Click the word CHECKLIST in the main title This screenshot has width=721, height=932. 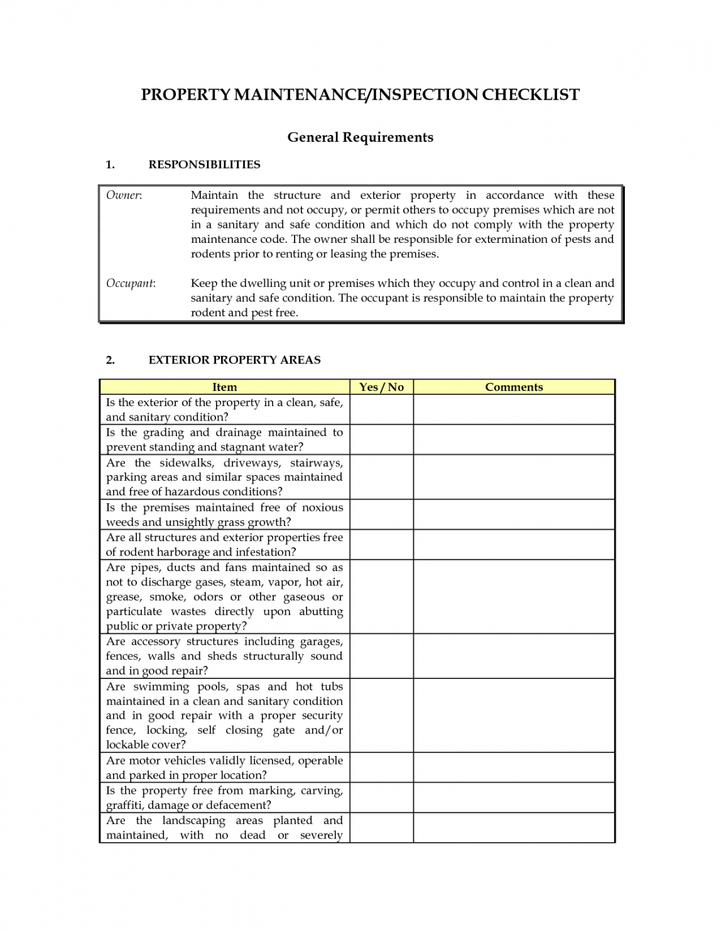point(531,95)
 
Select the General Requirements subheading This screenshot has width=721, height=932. point(360,137)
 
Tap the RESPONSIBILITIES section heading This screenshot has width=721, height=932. point(204,164)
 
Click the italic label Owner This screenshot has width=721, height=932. point(124,195)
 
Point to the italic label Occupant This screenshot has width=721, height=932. point(131,283)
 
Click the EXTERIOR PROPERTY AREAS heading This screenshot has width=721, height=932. point(234,360)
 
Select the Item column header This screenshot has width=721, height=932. point(224,387)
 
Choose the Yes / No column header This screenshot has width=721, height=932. point(381,387)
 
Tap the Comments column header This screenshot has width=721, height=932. point(514,387)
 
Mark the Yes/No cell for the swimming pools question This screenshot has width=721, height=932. point(381,715)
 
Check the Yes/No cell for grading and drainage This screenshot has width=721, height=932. point(381,439)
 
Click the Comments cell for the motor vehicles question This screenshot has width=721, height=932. point(514,768)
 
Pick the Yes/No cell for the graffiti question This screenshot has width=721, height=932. point(381,798)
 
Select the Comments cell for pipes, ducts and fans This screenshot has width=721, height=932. point(514,596)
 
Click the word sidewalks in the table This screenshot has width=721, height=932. point(187,463)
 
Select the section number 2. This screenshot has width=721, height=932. point(111,360)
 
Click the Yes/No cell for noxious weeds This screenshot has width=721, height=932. point(381,515)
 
